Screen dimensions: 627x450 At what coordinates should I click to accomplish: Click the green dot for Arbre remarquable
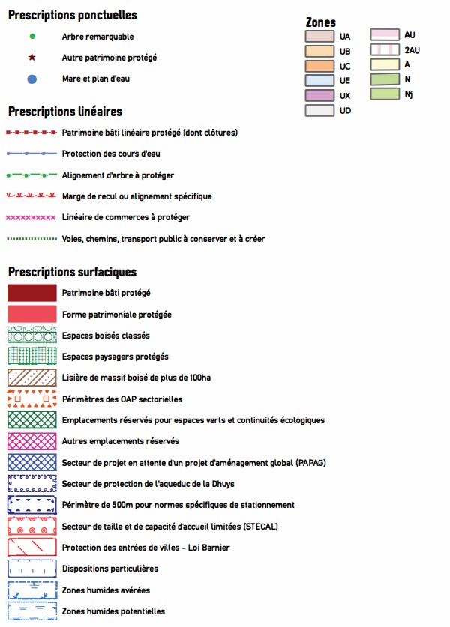click(x=31, y=36)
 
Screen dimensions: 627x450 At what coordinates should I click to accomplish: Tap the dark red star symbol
click(x=31, y=57)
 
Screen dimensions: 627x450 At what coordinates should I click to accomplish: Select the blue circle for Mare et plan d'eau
click(x=31, y=79)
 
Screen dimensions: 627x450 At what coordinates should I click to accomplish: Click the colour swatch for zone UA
click(x=319, y=36)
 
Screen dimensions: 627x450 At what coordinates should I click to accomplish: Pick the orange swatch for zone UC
click(x=319, y=66)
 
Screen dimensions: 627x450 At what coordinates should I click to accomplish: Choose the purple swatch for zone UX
click(x=319, y=95)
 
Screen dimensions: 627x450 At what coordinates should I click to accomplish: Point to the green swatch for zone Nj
click(x=384, y=94)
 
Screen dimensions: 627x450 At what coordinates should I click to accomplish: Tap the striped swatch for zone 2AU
click(x=384, y=50)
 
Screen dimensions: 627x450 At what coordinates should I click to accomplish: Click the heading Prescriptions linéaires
click(x=64, y=112)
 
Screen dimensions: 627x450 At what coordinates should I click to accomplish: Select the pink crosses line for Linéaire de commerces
click(x=31, y=217)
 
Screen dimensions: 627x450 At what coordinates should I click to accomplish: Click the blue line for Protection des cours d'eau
click(x=31, y=154)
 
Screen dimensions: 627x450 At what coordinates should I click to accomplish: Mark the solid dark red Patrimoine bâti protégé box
click(x=31, y=294)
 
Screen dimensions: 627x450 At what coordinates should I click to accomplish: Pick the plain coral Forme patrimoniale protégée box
click(x=31, y=315)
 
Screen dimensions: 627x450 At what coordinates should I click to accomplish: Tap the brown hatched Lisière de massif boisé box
click(x=31, y=378)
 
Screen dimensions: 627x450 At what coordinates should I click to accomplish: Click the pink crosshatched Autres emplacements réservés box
click(x=31, y=441)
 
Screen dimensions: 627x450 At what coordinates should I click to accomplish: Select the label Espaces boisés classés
click(x=106, y=336)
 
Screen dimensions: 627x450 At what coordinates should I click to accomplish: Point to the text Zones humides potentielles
click(x=113, y=611)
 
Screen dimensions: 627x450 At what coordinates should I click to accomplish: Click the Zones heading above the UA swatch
click(x=321, y=22)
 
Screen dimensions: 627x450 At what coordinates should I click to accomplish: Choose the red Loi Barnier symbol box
click(x=31, y=548)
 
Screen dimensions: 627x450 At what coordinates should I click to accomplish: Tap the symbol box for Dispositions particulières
click(x=31, y=569)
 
